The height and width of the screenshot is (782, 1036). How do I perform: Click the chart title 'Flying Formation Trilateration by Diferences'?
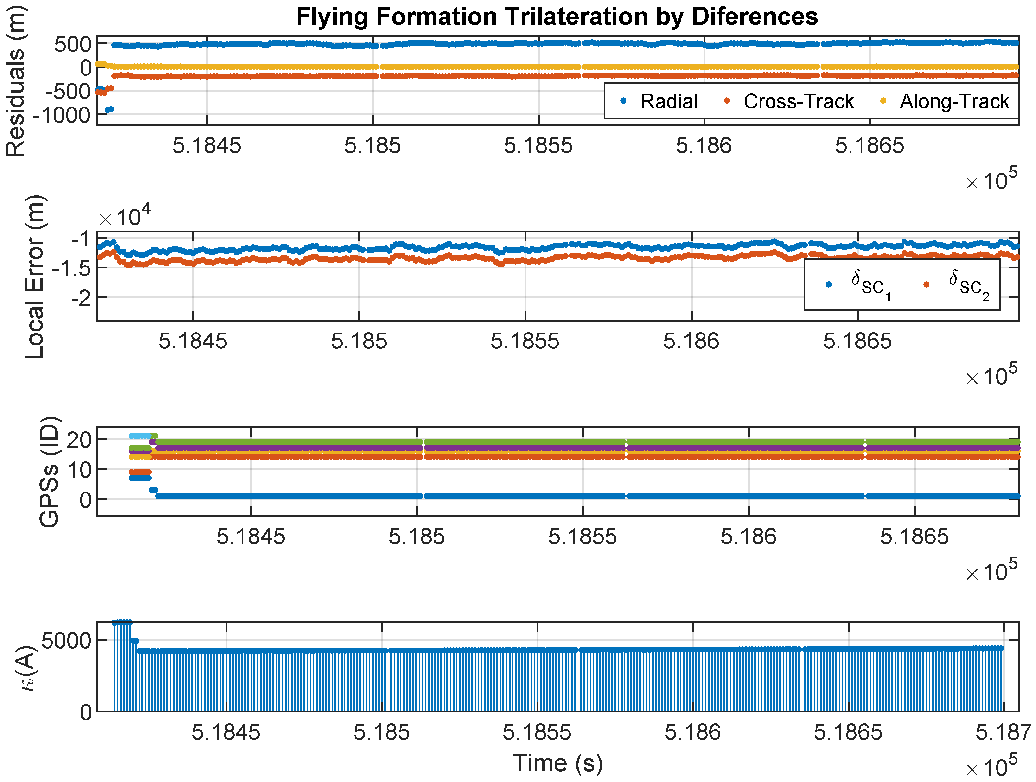[557, 17]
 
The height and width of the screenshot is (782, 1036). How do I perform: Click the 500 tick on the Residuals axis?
[73, 44]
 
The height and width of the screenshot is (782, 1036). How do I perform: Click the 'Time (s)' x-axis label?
[557, 763]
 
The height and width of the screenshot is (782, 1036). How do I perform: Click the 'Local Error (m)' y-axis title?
[35, 277]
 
